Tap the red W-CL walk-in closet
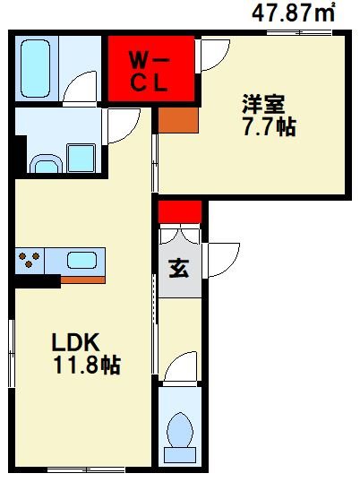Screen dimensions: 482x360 tap(151, 71)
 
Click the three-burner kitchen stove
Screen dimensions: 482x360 tap(30, 262)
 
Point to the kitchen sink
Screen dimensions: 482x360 tap(81, 262)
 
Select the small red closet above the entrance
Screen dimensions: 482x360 tap(180, 211)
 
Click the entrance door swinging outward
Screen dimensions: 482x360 tap(222, 260)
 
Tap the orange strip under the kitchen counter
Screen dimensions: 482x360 tap(82, 279)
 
